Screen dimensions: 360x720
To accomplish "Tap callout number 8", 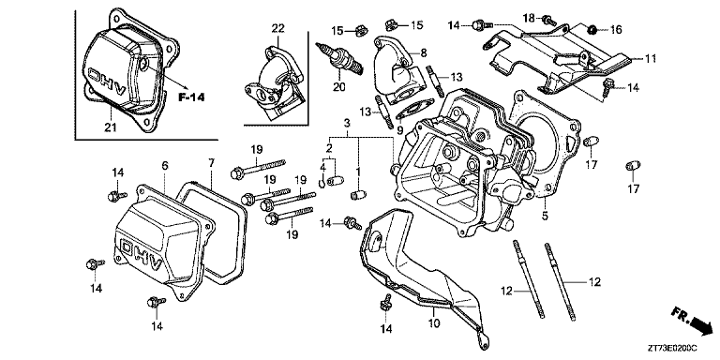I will coord(424,52).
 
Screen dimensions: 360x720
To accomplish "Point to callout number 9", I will coord(402,129).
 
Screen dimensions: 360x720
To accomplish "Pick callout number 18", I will coord(527,17).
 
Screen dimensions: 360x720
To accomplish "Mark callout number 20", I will coord(338,88).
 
